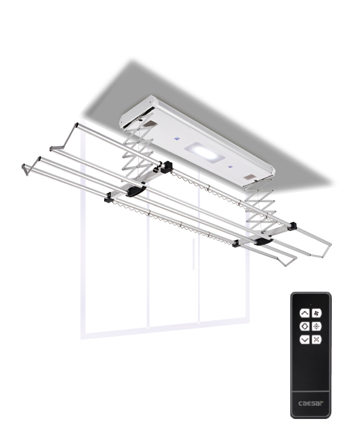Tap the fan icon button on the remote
[316, 313]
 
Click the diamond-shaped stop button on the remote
[305, 326]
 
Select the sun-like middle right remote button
[316, 326]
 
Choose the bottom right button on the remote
[316, 339]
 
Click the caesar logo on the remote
[310, 403]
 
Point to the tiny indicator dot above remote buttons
[310, 304]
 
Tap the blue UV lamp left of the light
[177, 139]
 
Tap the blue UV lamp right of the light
[231, 167]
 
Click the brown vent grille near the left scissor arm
[150, 124]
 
